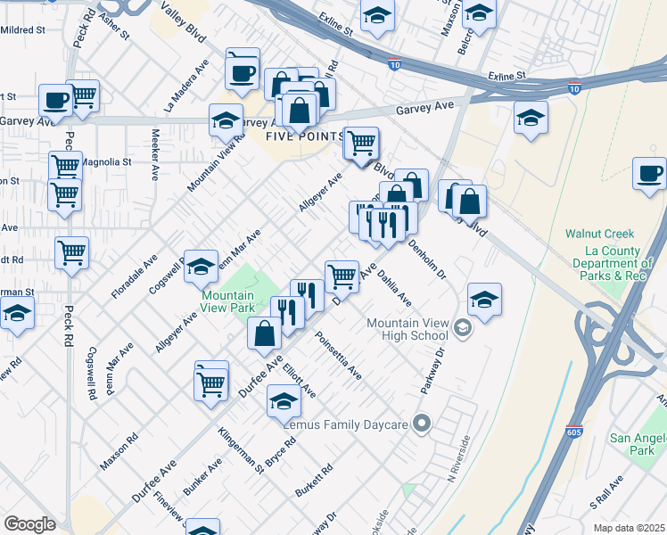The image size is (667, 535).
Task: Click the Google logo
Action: click(29, 524)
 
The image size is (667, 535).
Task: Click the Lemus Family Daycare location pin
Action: click(423, 424)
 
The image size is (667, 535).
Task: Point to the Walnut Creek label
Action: click(597, 234)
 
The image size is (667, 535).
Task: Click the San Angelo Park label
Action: click(631, 444)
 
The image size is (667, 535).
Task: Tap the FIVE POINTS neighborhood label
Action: click(305, 136)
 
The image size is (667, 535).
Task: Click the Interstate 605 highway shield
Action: click(575, 432)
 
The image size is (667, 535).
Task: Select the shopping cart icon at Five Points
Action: click(361, 144)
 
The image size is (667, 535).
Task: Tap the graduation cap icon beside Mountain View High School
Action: click(483, 300)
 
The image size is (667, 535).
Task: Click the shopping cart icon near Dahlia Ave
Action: click(342, 276)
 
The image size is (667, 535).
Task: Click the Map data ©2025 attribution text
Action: click(629, 528)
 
